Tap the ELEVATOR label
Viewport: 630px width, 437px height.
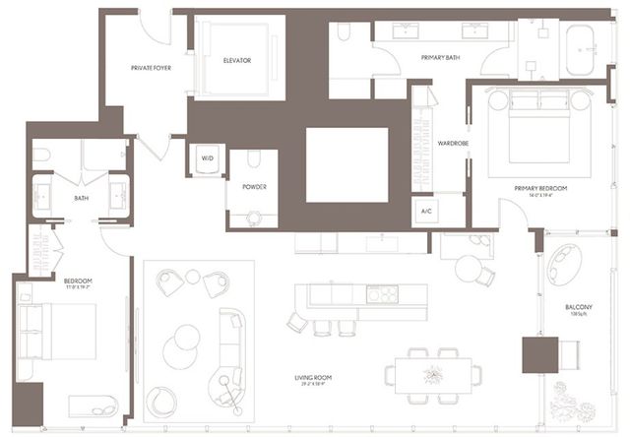point(237,60)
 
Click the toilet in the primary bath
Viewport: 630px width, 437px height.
point(344,35)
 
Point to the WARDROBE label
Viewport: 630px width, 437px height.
point(452,141)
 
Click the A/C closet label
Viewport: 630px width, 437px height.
point(426,212)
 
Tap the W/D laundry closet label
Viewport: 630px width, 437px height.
point(208,157)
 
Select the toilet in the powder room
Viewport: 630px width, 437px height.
point(252,159)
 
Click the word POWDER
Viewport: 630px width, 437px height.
point(255,186)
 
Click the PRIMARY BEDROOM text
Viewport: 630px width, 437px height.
point(540,187)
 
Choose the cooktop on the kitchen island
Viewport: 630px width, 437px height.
point(381,293)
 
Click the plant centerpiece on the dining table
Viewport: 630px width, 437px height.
point(432,373)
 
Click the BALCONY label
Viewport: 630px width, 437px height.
point(578,307)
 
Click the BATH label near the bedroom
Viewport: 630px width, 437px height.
point(82,197)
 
